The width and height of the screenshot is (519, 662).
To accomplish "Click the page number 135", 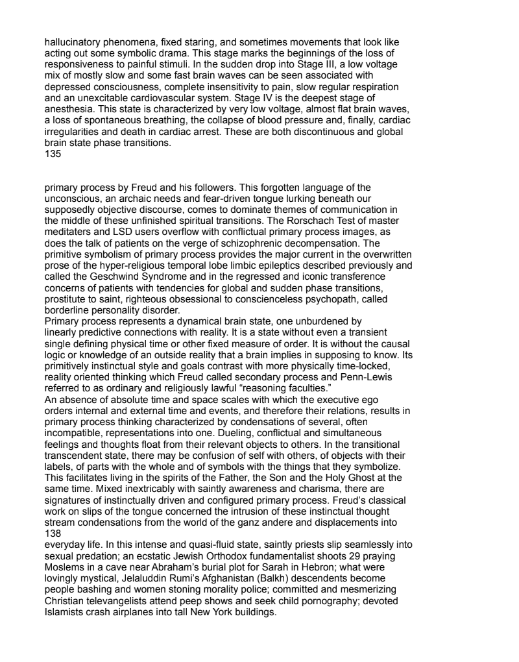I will click(53, 155).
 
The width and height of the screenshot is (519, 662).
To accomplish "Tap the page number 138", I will click(53, 533).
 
